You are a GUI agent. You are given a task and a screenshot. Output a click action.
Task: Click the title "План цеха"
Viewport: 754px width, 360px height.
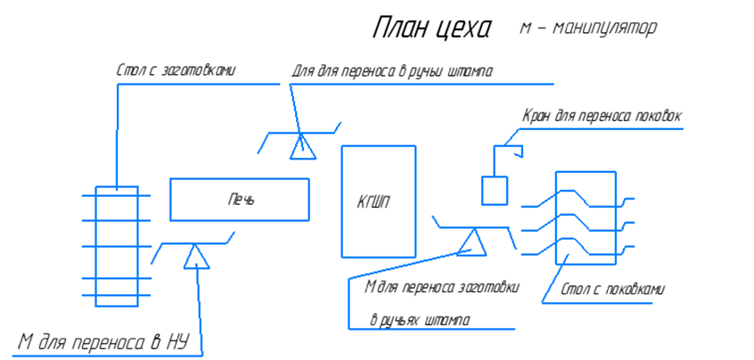(430, 29)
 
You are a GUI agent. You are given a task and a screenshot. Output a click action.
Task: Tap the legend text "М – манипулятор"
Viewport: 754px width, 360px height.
(588, 29)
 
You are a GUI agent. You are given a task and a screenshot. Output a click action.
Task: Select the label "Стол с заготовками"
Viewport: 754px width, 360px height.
(176, 70)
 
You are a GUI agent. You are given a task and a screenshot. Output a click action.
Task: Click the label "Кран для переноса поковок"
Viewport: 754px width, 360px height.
(602, 116)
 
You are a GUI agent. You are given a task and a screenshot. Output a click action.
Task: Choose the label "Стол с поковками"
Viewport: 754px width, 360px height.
(614, 290)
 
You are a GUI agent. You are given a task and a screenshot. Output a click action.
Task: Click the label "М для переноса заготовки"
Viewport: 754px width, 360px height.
(442, 287)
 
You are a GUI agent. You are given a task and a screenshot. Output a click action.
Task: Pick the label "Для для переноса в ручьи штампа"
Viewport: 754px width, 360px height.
(391, 71)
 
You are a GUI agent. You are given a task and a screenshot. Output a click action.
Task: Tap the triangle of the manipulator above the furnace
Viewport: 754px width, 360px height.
(302, 146)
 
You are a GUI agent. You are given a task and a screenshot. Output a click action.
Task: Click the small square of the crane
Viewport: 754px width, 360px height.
(495, 190)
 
